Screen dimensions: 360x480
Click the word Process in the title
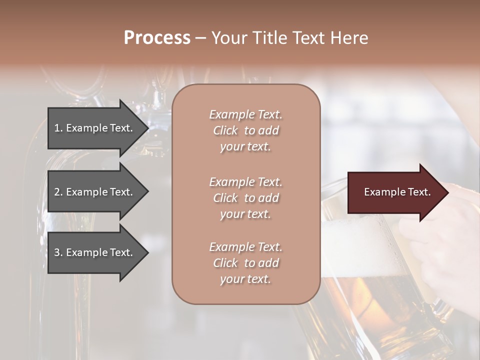pos(157,38)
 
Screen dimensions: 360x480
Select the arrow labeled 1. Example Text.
pos(95,128)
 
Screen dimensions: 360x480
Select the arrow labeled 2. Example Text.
pos(95,192)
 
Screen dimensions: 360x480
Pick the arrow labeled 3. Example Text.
pos(95,252)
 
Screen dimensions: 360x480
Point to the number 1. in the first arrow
pos(58,128)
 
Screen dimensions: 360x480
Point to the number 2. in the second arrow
pos(58,192)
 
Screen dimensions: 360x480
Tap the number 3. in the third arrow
pos(58,252)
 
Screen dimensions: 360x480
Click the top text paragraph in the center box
pos(245,130)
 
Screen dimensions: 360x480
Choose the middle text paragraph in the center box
pos(245,198)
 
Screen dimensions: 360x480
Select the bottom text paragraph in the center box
pos(245,263)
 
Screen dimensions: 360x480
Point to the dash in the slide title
pos(200,38)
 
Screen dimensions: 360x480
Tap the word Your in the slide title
pos(228,38)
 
